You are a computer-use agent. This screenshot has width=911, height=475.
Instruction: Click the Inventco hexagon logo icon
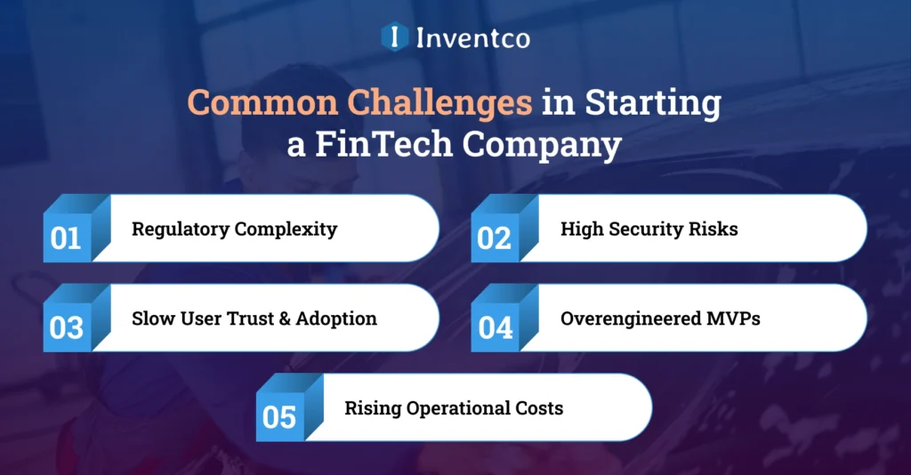pyautogui.click(x=394, y=37)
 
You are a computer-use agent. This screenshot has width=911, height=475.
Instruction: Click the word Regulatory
pyautogui.click(x=181, y=229)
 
